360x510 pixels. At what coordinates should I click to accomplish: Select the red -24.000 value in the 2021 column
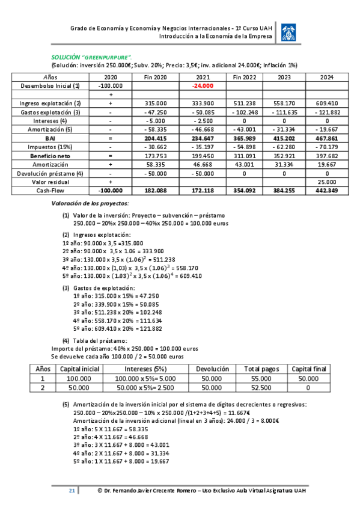[x=203, y=86]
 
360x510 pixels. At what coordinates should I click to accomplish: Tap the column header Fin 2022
[x=245, y=78]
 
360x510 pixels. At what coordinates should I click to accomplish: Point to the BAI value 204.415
[x=154, y=138]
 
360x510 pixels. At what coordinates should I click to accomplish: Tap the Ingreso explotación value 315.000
[x=155, y=103]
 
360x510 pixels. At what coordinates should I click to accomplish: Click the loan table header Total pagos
[x=259, y=369]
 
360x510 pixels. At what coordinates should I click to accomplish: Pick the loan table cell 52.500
[x=259, y=388]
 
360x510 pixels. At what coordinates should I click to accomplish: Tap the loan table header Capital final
[x=308, y=369]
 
